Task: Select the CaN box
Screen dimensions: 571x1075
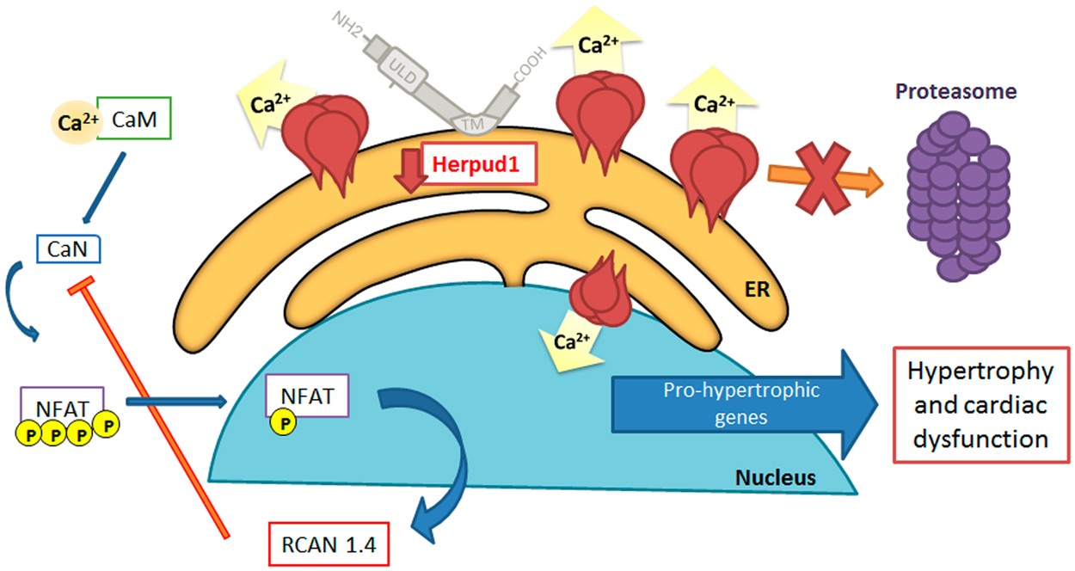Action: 69,250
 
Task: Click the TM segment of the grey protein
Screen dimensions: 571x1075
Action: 469,124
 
